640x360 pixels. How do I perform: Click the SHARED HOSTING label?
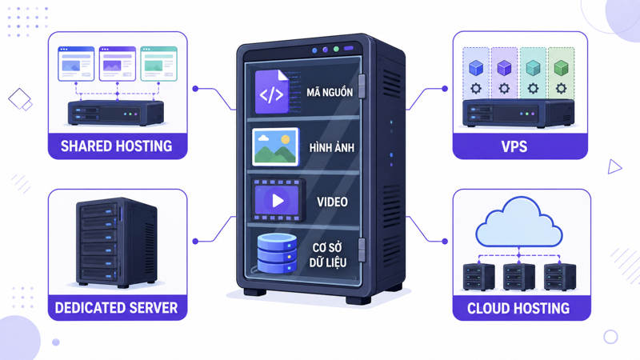coord(116,146)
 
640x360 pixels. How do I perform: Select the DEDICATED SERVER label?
coord(116,308)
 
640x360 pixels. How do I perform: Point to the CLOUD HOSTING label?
coord(518,308)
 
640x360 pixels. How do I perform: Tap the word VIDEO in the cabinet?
coord(332,202)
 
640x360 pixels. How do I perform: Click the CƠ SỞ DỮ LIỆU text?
coord(328,255)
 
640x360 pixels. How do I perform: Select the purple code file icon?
coord(271,92)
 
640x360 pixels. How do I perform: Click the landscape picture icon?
coord(275,147)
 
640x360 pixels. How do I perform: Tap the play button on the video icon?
coord(278,201)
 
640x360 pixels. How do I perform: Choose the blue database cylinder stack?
coord(277,253)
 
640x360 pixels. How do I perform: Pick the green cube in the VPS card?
coord(562,68)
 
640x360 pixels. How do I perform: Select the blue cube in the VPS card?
coord(476,68)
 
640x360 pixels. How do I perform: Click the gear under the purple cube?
coord(504,88)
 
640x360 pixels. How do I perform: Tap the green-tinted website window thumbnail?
coord(158,64)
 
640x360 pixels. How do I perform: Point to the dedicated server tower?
coord(117,242)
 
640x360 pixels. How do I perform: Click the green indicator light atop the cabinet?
coord(336,49)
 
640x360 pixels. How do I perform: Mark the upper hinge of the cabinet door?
coord(362,86)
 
